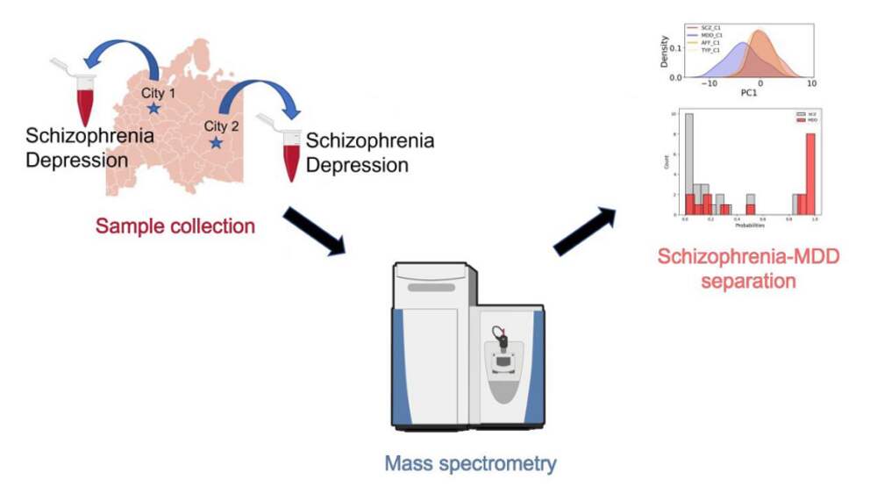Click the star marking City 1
(x=153, y=108)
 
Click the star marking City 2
(x=216, y=142)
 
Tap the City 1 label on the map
(x=159, y=91)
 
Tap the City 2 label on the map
(x=221, y=125)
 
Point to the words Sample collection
(x=175, y=225)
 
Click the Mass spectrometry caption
(x=470, y=463)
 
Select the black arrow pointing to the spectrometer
(x=315, y=232)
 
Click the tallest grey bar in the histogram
(x=689, y=164)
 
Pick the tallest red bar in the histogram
(x=811, y=174)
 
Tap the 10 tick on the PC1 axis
(x=811, y=82)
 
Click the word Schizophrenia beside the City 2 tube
(x=369, y=141)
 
